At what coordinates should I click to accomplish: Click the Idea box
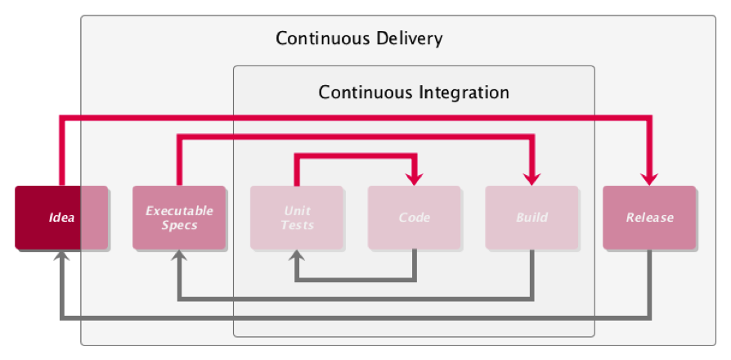[x=61, y=218]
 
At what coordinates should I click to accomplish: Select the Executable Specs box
[x=179, y=218]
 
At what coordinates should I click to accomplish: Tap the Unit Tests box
[x=297, y=218]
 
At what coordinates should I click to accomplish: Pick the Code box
[x=415, y=218]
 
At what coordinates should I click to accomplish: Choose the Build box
[x=532, y=218]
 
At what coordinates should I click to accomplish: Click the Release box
[x=649, y=218]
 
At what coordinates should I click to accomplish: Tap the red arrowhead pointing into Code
[x=415, y=178]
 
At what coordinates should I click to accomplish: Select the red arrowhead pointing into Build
[x=532, y=178]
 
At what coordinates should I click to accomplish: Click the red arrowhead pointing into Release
[x=650, y=178]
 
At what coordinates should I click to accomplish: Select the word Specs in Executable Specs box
[x=179, y=225]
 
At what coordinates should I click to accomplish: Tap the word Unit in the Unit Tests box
[x=297, y=211]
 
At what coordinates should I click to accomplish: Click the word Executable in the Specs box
[x=179, y=211]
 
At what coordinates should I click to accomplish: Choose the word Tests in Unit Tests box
[x=297, y=225]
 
